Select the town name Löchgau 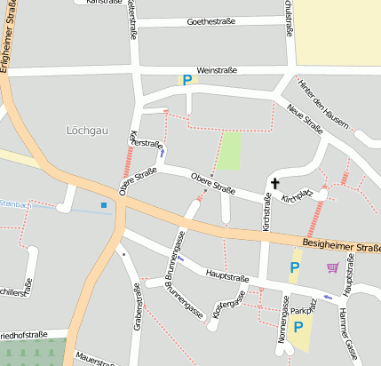[86, 130]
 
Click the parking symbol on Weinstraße [187, 80]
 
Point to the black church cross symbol [274, 184]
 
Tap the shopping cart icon [332, 267]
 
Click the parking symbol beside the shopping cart [296, 267]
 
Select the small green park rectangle [230, 150]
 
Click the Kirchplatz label [298, 197]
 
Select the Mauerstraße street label [95, 361]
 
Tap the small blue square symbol [104, 206]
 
